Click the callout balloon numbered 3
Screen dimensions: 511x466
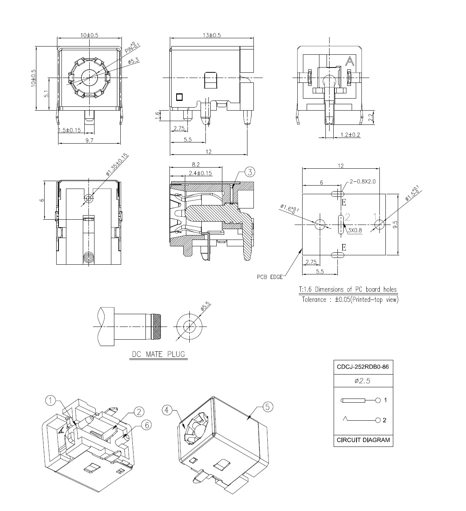pyautogui.click(x=250, y=172)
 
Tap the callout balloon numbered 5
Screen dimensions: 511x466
pyautogui.click(x=268, y=407)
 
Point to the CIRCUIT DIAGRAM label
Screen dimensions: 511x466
pyautogui.click(x=363, y=440)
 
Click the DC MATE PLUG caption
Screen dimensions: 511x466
pyautogui.click(x=158, y=354)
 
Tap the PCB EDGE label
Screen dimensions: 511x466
pyautogui.click(x=270, y=277)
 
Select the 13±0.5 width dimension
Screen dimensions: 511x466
pyautogui.click(x=212, y=35)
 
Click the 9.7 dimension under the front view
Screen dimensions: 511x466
pyautogui.click(x=89, y=140)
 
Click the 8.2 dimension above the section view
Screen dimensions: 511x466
pyautogui.click(x=196, y=164)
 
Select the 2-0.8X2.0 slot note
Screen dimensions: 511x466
pyautogui.click(x=362, y=181)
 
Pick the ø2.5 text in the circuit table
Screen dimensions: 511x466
pyautogui.click(x=363, y=381)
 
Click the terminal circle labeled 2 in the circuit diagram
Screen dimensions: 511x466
pyautogui.click(x=378, y=420)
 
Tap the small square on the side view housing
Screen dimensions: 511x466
pyautogui.click(x=179, y=97)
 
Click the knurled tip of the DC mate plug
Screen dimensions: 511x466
pyautogui.click(x=156, y=326)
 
